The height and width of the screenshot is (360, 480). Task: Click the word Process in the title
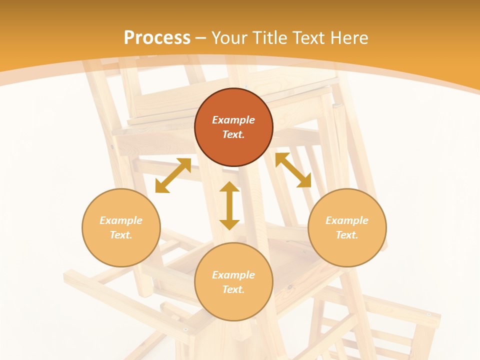(157, 38)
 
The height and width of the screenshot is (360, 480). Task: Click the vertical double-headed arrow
(229, 205)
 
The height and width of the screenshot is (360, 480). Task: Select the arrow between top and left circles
(173, 175)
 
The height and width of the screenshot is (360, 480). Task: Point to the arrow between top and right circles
(293, 170)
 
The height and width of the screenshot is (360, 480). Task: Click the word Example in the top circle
(233, 120)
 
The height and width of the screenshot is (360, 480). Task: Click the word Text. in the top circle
(233, 134)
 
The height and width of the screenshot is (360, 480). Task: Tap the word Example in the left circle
(121, 220)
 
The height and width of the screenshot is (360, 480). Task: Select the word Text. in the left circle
(121, 235)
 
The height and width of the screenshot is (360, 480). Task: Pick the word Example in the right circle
(347, 220)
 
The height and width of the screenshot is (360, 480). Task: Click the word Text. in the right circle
(347, 235)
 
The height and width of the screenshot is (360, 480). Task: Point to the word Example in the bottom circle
(233, 275)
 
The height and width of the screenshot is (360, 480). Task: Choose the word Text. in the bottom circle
(233, 289)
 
